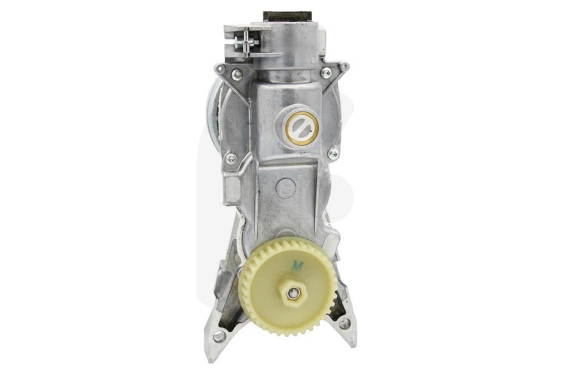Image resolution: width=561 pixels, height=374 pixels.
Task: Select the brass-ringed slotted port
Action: pos(302,128)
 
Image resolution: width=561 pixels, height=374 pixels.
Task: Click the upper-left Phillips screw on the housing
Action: pos(237,75)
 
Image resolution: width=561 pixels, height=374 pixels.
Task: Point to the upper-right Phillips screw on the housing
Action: pos(325,73)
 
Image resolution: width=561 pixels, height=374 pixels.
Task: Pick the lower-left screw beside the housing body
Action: pos(231,158)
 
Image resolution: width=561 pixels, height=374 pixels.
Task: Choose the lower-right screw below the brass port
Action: pos(333,153)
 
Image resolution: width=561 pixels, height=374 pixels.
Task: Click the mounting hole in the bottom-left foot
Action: pos(219,336)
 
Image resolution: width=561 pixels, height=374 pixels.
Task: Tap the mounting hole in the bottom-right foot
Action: pos(343,324)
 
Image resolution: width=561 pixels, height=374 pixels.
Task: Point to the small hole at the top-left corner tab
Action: pos(218,67)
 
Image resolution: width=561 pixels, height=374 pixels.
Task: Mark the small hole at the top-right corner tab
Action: pos(344,66)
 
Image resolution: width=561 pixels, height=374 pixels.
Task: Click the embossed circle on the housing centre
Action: pos(285,187)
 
